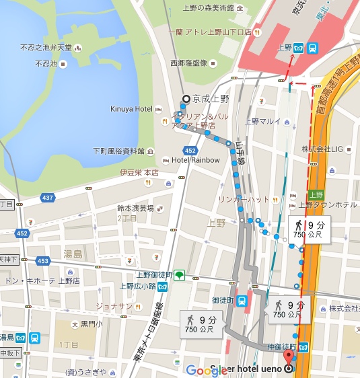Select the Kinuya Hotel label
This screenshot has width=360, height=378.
[132, 109]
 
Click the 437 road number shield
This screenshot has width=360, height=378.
[47, 198]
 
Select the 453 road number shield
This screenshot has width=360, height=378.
[44, 260]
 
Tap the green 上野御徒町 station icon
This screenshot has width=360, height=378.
[179, 274]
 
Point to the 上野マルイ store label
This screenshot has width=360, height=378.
[262, 122]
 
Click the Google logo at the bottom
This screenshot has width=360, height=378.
[202, 370]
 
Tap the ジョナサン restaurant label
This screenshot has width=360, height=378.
[113, 306]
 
